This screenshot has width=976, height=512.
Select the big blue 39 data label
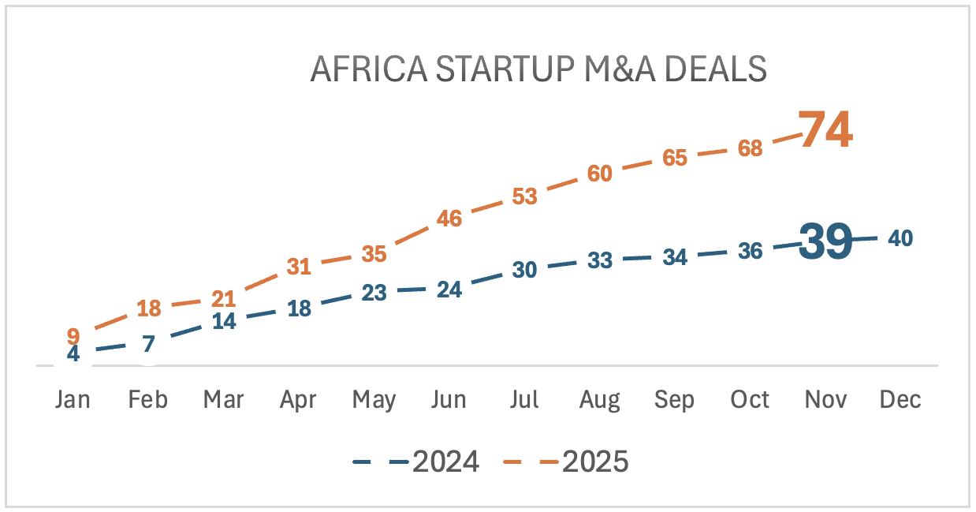pos(825,241)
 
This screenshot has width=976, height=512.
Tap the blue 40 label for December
pos(900,237)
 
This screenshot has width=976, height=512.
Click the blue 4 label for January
pos(73,353)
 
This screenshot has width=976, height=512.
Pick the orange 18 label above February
pos(149,308)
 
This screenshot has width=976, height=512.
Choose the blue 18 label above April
pos(299,308)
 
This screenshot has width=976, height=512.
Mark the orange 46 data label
pos(449,219)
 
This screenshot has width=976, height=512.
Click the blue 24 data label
pos(449,290)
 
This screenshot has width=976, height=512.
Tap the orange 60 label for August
pos(600,174)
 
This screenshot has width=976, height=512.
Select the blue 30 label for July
pos(524,269)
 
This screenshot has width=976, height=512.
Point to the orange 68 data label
pos(750,148)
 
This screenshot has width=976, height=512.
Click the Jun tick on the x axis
pos(449,400)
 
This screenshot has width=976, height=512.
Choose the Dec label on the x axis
pos(900,400)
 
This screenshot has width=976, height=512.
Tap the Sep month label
pos(675,400)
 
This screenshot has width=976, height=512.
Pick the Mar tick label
pos(224,400)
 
